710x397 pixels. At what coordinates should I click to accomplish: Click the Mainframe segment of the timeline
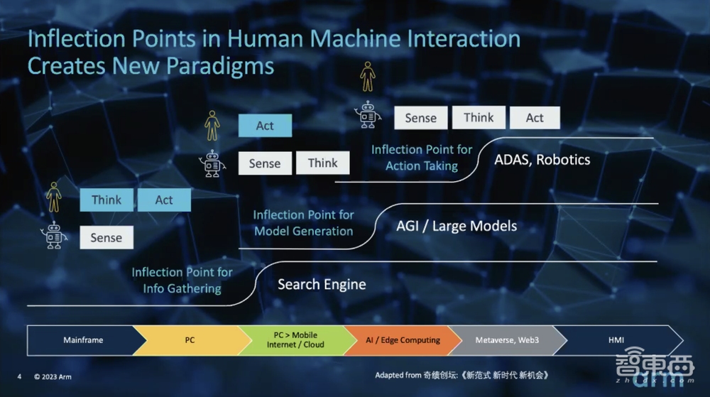[x=82, y=340]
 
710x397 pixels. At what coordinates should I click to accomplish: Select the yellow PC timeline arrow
[x=190, y=340]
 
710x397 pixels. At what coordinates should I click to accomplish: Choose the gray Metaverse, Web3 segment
[x=507, y=340]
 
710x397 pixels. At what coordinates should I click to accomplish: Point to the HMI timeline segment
[x=618, y=340]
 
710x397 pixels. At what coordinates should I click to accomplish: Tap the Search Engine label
[x=322, y=284]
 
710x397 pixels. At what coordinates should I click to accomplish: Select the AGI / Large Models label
[x=457, y=226]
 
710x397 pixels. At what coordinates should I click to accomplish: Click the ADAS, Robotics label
[x=542, y=160]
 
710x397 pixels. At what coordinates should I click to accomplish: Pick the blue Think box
[x=106, y=200]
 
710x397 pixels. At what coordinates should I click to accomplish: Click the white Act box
[x=535, y=118]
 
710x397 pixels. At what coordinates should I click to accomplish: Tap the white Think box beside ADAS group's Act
[x=479, y=118]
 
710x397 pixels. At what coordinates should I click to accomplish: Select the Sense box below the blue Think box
[x=106, y=237]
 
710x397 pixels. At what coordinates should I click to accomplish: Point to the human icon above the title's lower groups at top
[x=368, y=77]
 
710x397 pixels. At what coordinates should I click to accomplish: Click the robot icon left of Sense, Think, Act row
[x=368, y=114]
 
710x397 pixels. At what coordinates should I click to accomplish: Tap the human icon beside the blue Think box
[x=54, y=197]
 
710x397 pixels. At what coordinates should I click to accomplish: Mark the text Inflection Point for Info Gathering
[x=182, y=281]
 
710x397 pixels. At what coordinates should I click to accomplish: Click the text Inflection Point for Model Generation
[x=303, y=223]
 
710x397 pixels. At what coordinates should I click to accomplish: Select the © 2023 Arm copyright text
[x=53, y=376]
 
